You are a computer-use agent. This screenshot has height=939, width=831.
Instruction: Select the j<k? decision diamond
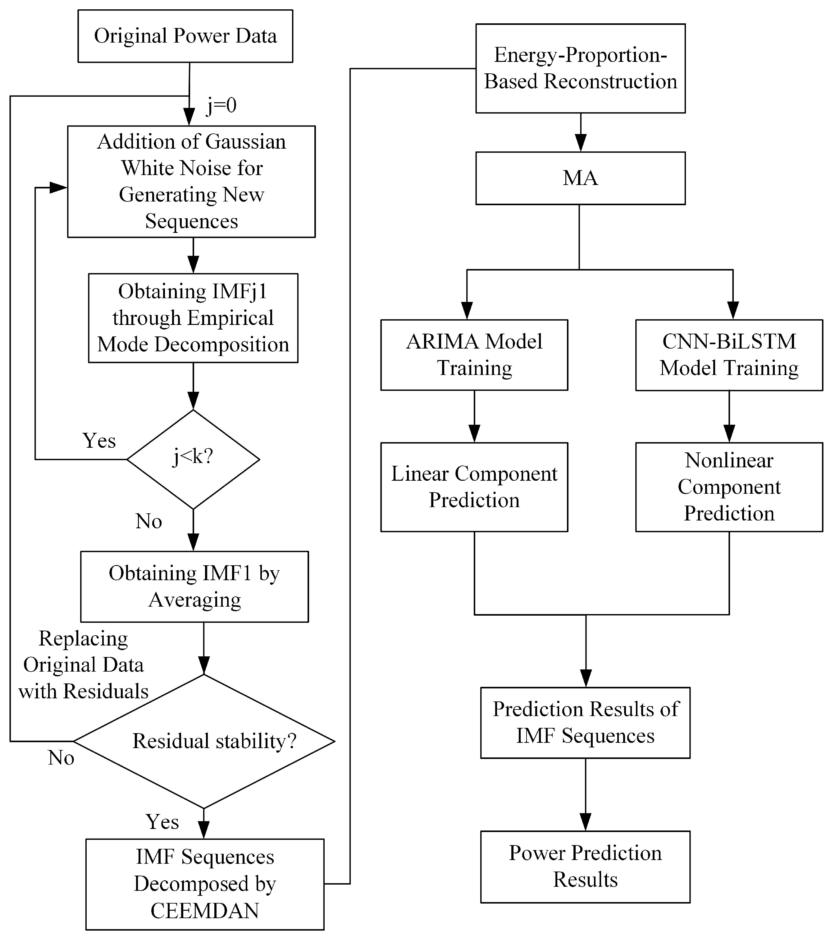(x=193, y=459)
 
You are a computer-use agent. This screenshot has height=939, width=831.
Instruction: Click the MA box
(x=580, y=178)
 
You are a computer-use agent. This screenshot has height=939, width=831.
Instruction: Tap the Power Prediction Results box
(x=585, y=867)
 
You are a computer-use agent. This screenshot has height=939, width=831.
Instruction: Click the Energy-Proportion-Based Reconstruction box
(x=580, y=68)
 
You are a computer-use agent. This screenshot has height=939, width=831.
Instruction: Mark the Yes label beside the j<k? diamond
(x=99, y=441)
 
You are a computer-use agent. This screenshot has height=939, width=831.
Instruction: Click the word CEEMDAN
(x=205, y=910)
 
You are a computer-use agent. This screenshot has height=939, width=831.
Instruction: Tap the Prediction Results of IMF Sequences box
(x=585, y=723)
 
